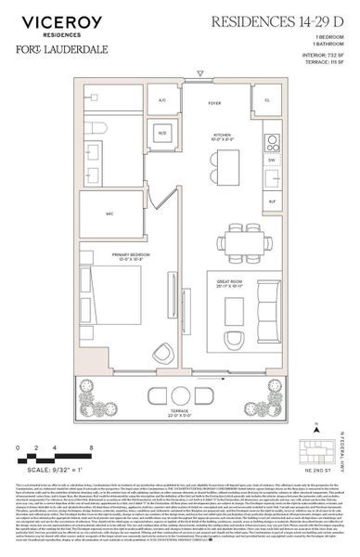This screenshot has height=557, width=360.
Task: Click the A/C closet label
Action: tap(161, 99)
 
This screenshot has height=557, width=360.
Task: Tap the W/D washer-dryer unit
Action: tap(161, 132)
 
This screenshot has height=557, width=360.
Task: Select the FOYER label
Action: tap(213, 104)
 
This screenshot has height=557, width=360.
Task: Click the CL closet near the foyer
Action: tap(267, 99)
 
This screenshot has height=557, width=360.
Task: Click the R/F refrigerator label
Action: tap(271, 200)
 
